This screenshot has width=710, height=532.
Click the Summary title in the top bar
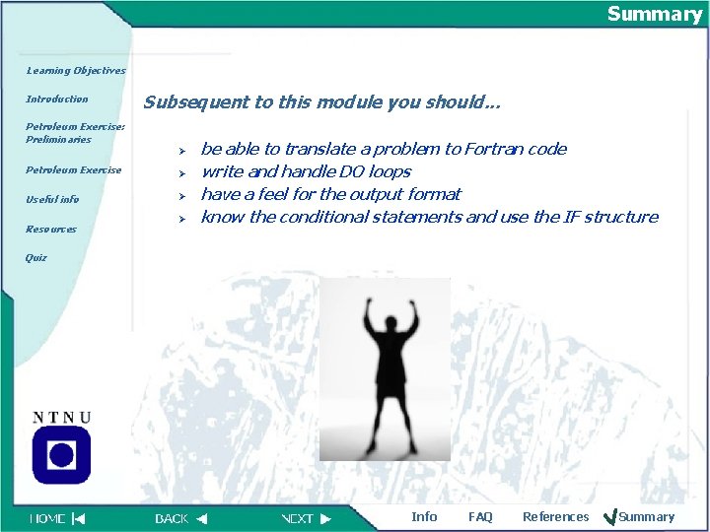(654, 14)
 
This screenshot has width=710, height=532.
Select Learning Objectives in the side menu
(76, 71)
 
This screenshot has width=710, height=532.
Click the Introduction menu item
(57, 100)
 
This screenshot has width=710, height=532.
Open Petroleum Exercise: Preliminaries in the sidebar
(76, 133)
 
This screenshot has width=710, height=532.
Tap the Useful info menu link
(52, 200)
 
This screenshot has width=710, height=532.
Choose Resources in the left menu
(51, 230)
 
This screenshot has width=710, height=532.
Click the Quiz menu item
(36, 258)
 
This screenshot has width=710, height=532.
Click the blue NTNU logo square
(61, 454)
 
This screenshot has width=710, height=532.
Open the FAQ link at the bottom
(480, 517)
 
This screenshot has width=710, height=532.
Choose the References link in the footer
(555, 517)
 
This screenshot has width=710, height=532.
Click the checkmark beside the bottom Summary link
(609, 516)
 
